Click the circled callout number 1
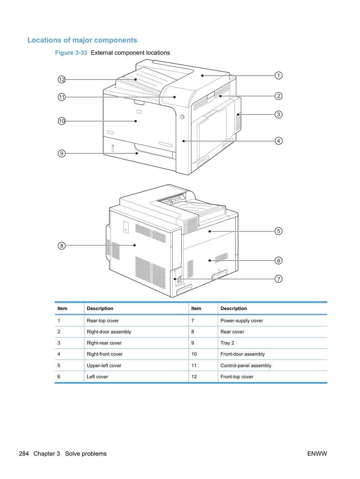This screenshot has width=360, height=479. pyautogui.click(x=278, y=76)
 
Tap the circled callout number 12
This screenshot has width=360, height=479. pyautogui.click(x=62, y=79)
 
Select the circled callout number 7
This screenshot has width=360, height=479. pyautogui.click(x=278, y=279)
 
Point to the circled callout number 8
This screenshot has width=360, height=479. pyautogui.click(x=62, y=246)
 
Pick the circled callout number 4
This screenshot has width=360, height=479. pyautogui.click(x=278, y=141)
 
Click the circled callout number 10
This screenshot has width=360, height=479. pyautogui.click(x=62, y=121)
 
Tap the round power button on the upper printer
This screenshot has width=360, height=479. pyautogui.click(x=182, y=117)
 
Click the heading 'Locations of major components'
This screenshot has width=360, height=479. pyautogui.click(x=82, y=40)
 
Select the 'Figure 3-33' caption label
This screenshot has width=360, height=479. pyautogui.click(x=71, y=53)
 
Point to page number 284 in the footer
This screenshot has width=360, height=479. pyautogui.click(x=24, y=454)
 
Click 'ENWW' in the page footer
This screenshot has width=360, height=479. pyautogui.click(x=317, y=454)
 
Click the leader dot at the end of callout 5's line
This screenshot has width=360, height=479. pyautogui.click(x=209, y=231)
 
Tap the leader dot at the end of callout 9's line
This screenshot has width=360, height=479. pyautogui.click(x=137, y=153)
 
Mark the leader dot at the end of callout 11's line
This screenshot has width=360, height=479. pyautogui.click(x=175, y=97)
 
